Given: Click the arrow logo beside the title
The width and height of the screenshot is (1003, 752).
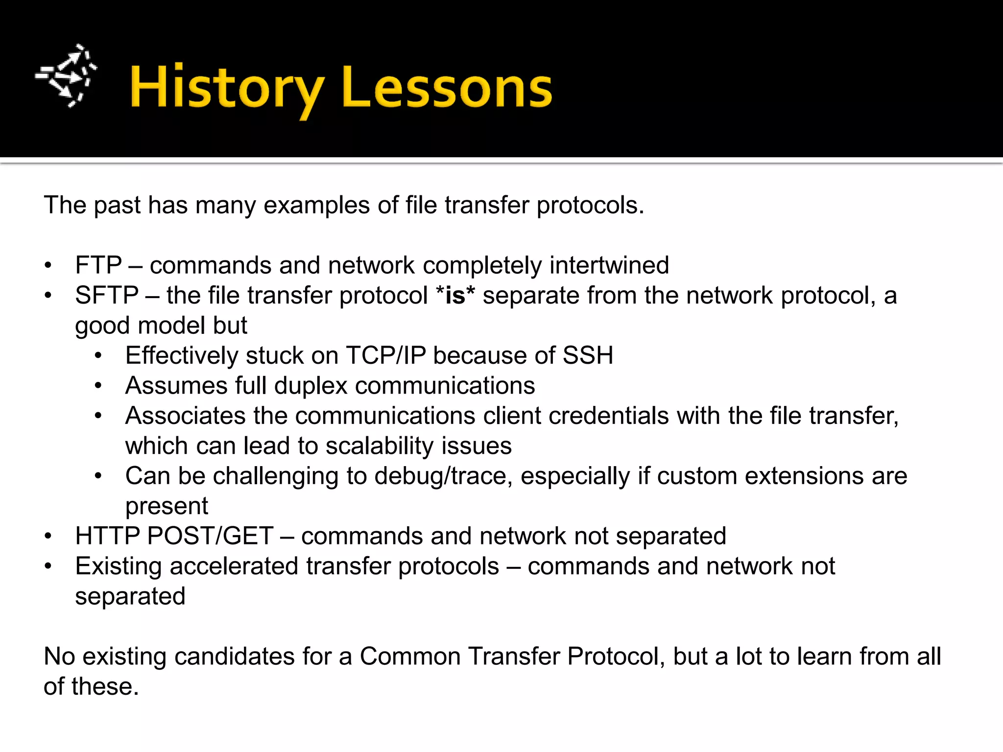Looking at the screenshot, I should coord(66,76).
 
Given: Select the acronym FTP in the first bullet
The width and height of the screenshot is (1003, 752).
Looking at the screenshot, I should coord(98,265).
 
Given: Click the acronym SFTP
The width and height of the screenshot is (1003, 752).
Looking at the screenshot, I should coord(107,296).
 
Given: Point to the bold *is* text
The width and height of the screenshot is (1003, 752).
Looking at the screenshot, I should coord(455,296).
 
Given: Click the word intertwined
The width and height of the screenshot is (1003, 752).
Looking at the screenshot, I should coord(609,265).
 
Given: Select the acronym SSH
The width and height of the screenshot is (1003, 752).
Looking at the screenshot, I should coord(588,355).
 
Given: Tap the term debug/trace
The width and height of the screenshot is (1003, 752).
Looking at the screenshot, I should coord(440,476).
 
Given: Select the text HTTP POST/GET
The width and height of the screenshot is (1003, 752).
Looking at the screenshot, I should coord(174,536).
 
